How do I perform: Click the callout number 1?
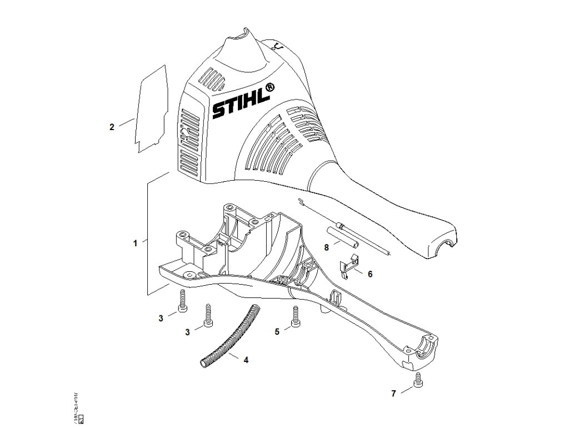click(x=135, y=243)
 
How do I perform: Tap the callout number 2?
click(x=112, y=127)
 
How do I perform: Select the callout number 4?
click(x=246, y=360)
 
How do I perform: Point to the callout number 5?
click(x=277, y=332)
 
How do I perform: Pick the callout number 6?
click(x=370, y=274)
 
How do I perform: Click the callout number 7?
click(x=393, y=393)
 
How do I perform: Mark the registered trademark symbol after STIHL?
click(x=269, y=87)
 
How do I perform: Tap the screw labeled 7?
click(x=418, y=381)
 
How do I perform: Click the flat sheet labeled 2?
click(x=151, y=108)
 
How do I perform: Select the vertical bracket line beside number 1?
click(x=147, y=236)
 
